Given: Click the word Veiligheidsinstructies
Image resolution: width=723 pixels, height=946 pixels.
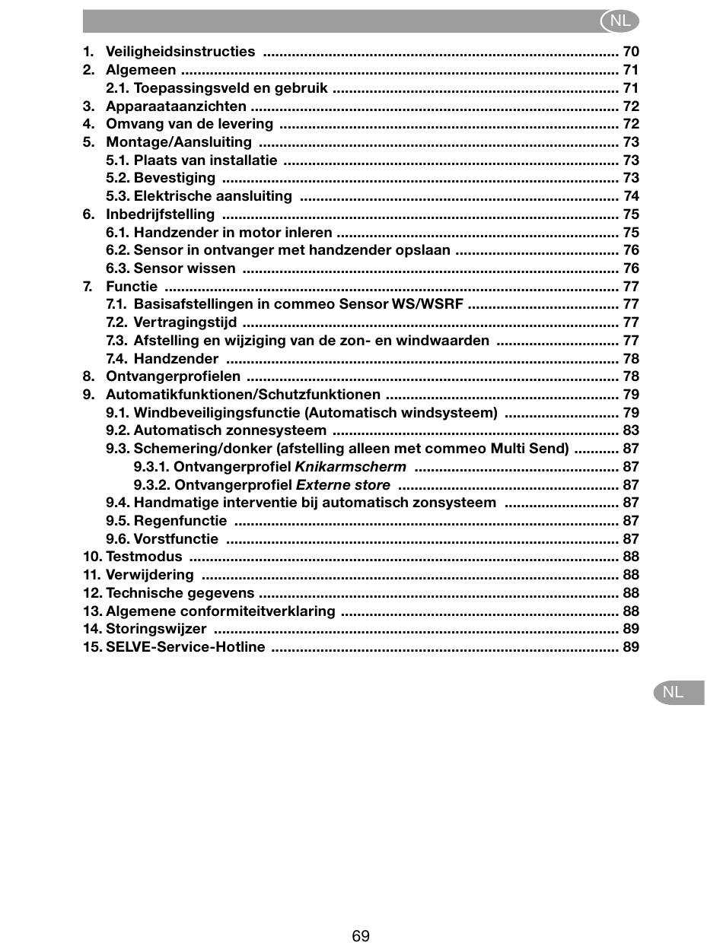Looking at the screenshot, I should pos(180,52).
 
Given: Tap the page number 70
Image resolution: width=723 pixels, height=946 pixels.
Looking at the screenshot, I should pos(630,52).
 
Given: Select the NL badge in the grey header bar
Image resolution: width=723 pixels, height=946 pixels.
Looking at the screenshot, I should pos(619,21).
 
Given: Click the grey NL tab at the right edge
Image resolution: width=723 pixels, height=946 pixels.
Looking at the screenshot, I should pos(674,692).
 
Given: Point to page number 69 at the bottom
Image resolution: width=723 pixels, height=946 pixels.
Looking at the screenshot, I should pos(361,935).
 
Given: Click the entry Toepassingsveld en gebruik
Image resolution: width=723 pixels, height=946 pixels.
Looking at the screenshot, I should pos(231,88).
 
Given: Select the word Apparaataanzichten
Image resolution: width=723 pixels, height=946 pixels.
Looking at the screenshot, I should pos(176,106).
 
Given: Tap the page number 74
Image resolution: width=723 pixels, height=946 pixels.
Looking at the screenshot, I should pos(630,196).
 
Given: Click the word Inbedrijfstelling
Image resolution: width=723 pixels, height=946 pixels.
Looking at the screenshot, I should pos(160,214).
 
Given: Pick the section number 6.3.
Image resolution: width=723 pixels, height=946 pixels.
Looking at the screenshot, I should pos(118,268).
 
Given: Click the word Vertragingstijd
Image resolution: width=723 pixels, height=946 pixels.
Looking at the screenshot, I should pos(185,322).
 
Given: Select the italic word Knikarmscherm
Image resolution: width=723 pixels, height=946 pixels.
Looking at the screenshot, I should pos(350,467).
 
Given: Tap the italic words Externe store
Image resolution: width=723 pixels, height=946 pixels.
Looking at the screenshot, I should pos(342,485).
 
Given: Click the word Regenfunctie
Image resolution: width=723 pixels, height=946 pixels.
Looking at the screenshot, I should pos(180,521).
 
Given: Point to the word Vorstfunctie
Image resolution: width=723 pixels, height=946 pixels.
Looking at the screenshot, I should pos(176,539).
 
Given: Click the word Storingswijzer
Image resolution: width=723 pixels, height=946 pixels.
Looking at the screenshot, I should pos(156,629).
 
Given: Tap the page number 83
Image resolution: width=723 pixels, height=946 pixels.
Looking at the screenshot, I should pos(630,430).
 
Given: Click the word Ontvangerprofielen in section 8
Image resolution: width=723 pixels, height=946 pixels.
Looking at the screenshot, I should pos(173,376).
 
